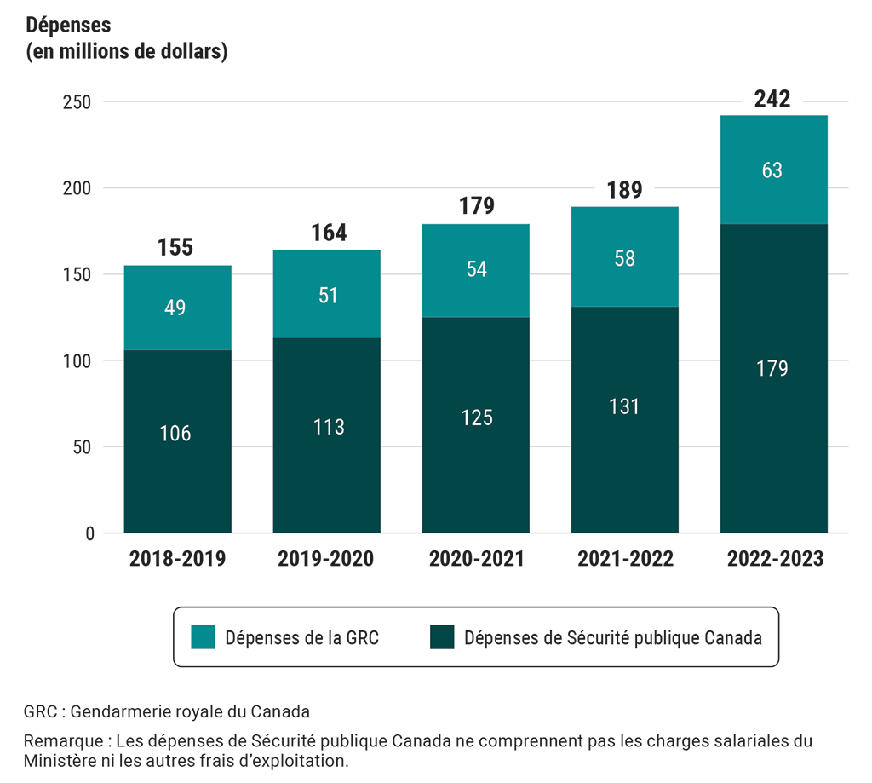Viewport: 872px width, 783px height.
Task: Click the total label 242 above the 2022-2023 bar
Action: pyautogui.click(x=772, y=99)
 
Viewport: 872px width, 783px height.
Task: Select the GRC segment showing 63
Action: pyautogui.click(x=772, y=170)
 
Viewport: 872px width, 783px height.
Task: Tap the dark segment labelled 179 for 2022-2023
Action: pyautogui.click(x=772, y=369)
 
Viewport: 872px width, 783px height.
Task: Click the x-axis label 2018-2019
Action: pyautogui.click(x=177, y=559)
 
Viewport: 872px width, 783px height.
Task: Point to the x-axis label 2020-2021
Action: pyautogui.click(x=476, y=559)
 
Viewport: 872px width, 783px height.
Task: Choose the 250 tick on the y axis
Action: pyautogui.click(x=77, y=101)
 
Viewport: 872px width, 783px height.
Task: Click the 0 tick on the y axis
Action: pyautogui.click(x=89, y=533)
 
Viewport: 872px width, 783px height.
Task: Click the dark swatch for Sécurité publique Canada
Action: pyautogui.click(x=441, y=636)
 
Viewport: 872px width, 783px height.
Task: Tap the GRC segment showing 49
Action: pyautogui.click(x=177, y=308)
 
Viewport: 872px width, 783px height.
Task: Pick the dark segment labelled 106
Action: pyautogui.click(x=177, y=434)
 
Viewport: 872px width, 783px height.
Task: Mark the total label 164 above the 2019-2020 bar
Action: pyautogui.click(x=327, y=233)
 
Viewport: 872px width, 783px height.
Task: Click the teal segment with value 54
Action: pyautogui.click(x=476, y=268)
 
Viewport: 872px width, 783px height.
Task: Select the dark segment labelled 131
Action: pyautogui.click(x=624, y=406)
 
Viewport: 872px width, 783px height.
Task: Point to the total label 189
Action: pyautogui.click(x=624, y=190)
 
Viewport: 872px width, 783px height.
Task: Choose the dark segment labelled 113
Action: pyautogui.click(x=327, y=427)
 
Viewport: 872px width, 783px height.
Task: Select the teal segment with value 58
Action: pyautogui.click(x=624, y=258)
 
